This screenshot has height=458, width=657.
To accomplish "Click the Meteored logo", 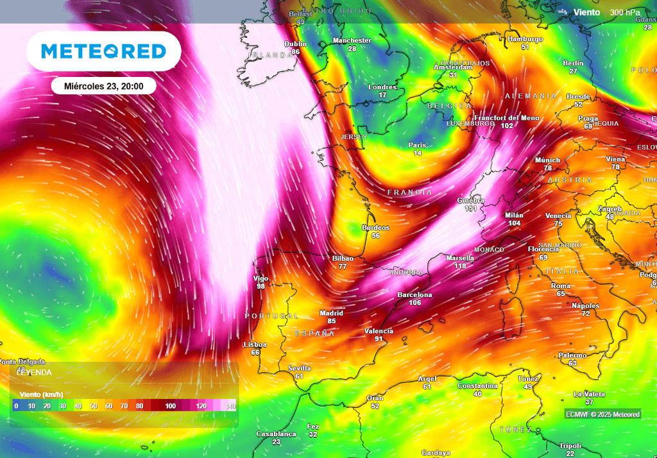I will (x=103, y=51).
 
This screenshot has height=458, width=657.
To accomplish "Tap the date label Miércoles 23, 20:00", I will (x=103, y=86).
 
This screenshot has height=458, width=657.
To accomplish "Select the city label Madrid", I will (x=332, y=313).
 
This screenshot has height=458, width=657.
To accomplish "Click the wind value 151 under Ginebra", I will (x=470, y=208).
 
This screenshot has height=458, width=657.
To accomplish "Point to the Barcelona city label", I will (x=414, y=295).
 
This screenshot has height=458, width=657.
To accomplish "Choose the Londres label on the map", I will (x=382, y=87).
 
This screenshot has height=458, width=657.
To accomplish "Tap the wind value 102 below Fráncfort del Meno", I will (x=507, y=126).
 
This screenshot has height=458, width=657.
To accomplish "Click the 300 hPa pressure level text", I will (x=624, y=12).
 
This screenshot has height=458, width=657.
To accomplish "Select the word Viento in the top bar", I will (x=586, y=12).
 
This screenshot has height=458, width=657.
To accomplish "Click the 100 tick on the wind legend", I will (x=170, y=406).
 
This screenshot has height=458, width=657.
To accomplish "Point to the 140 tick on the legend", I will (x=230, y=406).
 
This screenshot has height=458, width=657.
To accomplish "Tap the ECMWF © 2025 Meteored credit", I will (x=602, y=414).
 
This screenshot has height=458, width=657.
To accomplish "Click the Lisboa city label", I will (x=255, y=344).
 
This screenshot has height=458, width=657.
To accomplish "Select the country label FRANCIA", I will (x=409, y=192).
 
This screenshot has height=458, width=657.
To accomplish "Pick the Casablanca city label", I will (x=276, y=434).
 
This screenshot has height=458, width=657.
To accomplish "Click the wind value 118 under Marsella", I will (x=460, y=266).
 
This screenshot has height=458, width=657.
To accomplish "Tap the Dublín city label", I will (x=295, y=44).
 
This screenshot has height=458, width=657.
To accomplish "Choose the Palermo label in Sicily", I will (x=572, y=355).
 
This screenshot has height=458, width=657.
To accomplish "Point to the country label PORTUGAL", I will (x=271, y=316).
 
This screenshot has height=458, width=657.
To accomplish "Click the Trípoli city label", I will (x=570, y=446).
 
